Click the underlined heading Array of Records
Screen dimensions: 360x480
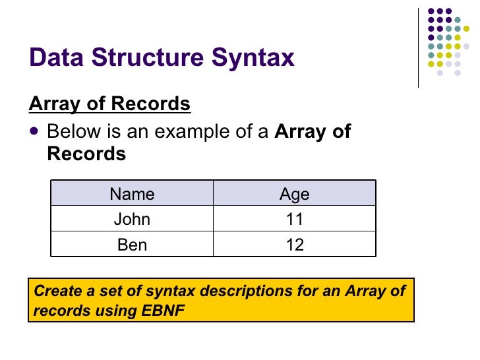pyautogui.click(x=109, y=104)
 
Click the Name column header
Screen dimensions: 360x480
pyautogui.click(x=132, y=194)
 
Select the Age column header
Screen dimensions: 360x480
pyautogui.click(x=294, y=194)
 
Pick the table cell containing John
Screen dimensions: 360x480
pyautogui.click(x=132, y=220)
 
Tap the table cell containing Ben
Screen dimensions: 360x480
pyautogui.click(x=132, y=245)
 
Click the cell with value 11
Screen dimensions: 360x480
pyautogui.click(x=294, y=220)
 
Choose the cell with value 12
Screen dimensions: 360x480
pyautogui.click(x=294, y=245)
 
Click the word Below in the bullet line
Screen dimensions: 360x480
pyautogui.click(x=73, y=131)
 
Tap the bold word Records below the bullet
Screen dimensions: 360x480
pyautogui.click(x=86, y=154)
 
